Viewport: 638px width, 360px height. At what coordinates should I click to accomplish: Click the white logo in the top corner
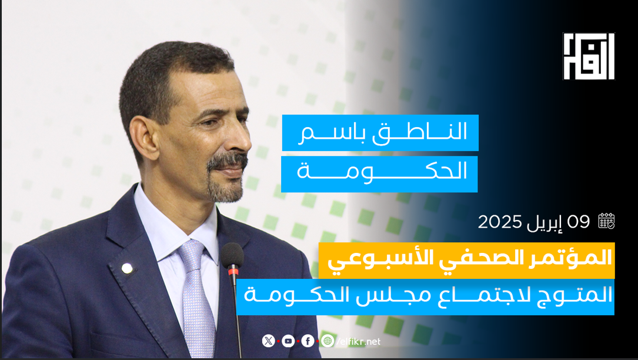(x=589, y=56)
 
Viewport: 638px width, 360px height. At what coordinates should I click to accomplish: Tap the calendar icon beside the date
(x=606, y=221)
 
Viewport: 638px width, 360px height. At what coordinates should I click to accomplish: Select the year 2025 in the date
(x=500, y=222)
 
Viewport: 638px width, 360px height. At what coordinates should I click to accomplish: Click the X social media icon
(x=269, y=341)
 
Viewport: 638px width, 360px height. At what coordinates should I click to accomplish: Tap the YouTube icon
(x=288, y=341)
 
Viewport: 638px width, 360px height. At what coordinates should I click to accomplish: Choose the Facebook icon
(x=308, y=341)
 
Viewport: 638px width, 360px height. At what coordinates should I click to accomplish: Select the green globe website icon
(x=328, y=341)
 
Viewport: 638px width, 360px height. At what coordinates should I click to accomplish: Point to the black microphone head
(x=232, y=255)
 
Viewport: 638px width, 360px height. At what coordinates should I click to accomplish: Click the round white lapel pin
(x=128, y=268)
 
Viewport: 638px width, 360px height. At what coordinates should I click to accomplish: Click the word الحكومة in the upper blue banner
(x=382, y=172)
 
